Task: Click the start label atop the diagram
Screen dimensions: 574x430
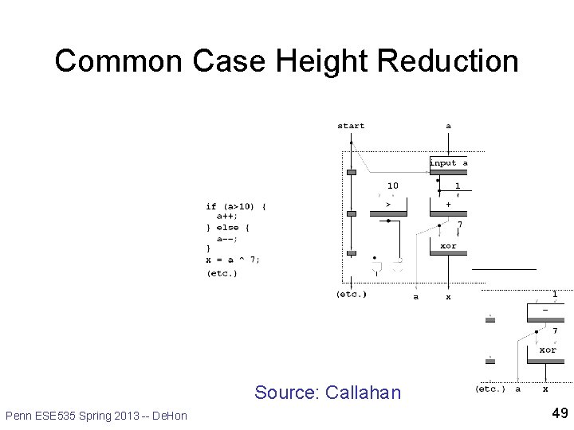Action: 351,126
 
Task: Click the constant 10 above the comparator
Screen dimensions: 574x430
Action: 393,186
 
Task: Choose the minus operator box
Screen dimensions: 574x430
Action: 545,310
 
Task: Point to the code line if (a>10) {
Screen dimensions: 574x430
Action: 236,206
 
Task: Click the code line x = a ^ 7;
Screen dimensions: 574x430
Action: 233,259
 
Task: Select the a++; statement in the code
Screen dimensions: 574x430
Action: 228,217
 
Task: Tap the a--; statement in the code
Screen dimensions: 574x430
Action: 228,238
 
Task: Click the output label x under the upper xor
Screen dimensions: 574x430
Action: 448,297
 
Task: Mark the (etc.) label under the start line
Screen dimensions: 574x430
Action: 352,295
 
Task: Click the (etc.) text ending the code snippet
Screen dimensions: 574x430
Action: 222,274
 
